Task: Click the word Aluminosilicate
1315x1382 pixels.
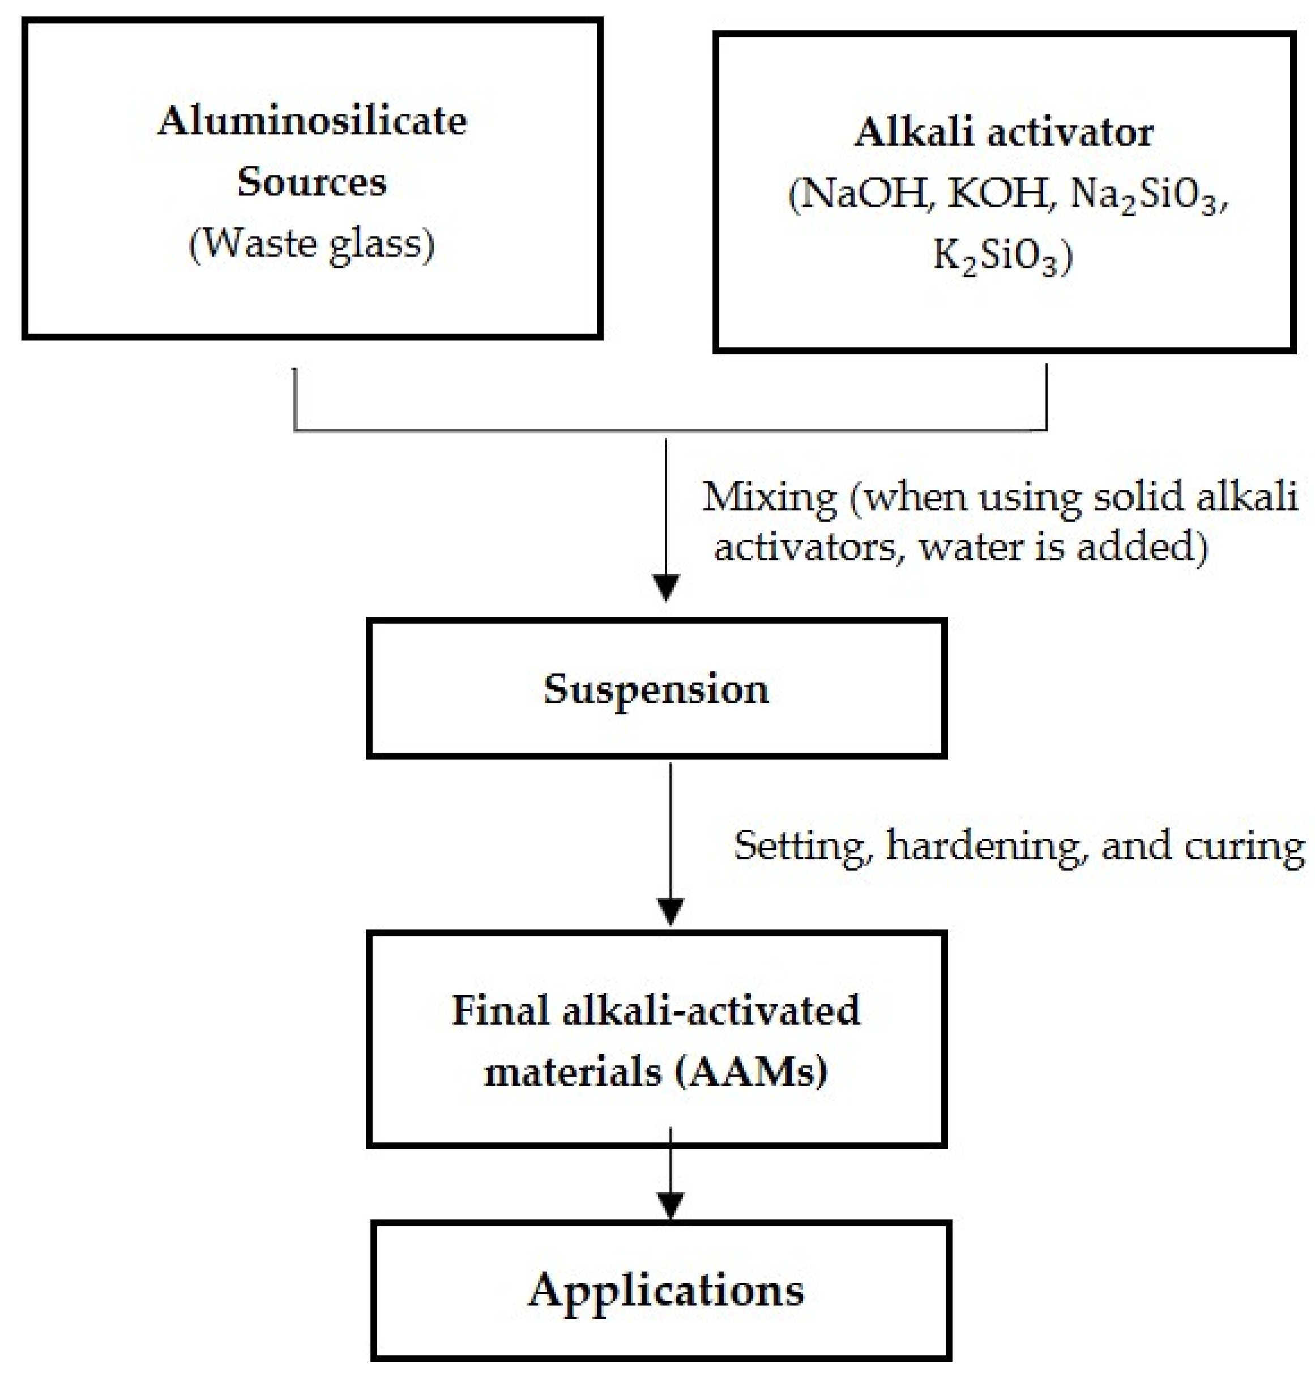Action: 312,121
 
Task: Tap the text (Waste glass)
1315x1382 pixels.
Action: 312,245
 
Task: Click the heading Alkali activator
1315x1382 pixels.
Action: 1003,132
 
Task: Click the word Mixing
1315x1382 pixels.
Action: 769,498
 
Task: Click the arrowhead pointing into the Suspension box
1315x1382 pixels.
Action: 666,587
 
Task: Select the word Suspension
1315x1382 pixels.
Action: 656,689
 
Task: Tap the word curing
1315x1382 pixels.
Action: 1244,847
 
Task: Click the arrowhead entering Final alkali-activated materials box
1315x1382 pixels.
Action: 671,911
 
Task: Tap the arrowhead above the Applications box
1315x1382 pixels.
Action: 671,1205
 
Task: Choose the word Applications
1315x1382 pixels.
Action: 666,1291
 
